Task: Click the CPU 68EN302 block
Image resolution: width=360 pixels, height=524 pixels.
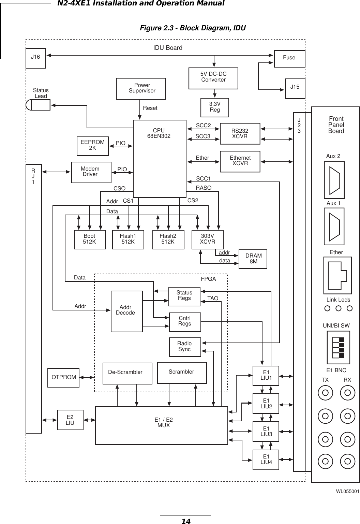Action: (160, 158)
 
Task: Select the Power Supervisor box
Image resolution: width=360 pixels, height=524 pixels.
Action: (141, 89)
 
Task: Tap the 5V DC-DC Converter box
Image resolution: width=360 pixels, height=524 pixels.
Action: (213, 78)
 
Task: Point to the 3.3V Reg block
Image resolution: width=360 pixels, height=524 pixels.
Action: (215, 107)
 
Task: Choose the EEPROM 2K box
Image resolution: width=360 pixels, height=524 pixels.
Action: (92, 145)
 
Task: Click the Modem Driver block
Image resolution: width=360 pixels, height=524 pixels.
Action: (91, 172)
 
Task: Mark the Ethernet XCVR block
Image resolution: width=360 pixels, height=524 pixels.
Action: (240, 161)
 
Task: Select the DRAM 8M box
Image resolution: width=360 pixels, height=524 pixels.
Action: (253, 259)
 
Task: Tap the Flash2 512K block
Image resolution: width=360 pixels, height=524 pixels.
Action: (168, 239)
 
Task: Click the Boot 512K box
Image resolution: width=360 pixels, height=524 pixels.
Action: (90, 239)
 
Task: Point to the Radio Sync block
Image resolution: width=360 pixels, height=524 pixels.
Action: (185, 347)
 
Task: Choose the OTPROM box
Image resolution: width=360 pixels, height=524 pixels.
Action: (64, 377)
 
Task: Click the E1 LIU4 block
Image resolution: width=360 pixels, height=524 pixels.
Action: (266, 460)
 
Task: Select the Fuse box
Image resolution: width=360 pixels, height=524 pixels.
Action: (289, 58)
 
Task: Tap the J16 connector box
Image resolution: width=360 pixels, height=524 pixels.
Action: (36, 58)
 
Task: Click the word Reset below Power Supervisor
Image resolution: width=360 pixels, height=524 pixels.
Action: (150, 108)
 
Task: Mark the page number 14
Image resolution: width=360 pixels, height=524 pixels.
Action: (185, 521)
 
